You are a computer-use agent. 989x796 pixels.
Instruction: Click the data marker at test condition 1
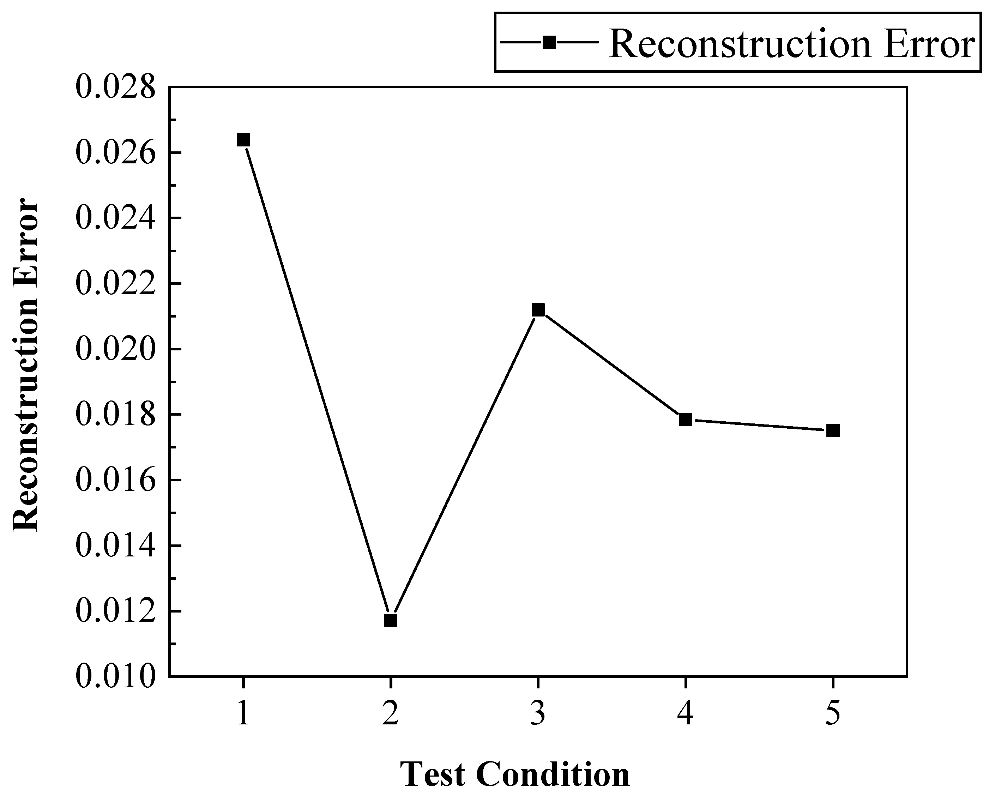tap(243, 140)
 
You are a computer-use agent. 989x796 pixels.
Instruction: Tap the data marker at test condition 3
tap(538, 310)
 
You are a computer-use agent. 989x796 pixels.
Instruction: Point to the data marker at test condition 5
tap(833, 430)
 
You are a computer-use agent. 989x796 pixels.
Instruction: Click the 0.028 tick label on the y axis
tap(115, 87)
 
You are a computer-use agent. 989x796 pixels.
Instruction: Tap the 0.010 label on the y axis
tap(115, 676)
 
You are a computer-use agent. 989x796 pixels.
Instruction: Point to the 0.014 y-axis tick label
tap(115, 545)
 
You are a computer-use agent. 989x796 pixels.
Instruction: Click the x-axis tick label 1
tap(243, 714)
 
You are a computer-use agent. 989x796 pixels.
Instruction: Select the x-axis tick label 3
tap(538, 714)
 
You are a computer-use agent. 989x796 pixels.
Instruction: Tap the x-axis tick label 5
tap(833, 714)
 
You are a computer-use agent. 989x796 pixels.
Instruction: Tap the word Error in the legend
tap(929, 44)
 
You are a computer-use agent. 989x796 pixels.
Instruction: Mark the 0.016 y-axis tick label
tap(115, 480)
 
